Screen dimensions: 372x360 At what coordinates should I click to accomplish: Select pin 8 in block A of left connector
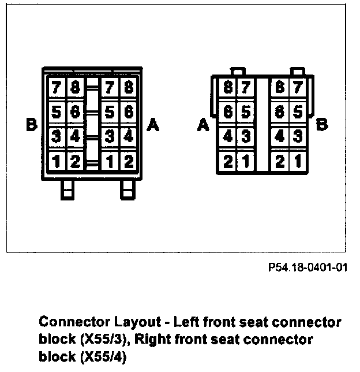click(x=128, y=88)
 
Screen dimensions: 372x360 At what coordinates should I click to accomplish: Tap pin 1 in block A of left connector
click(x=110, y=161)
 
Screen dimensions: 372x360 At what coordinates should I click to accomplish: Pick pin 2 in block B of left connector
click(x=75, y=161)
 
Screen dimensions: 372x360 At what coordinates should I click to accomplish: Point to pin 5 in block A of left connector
click(x=110, y=111)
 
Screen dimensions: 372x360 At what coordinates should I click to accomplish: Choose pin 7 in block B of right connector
click(x=298, y=88)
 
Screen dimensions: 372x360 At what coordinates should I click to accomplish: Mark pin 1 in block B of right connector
click(x=298, y=161)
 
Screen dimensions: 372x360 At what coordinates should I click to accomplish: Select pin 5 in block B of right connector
click(x=298, y=111)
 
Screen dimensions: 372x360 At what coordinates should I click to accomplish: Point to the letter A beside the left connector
click(x=153, y=125)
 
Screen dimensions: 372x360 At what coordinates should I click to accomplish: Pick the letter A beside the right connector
click(x=202, y=125)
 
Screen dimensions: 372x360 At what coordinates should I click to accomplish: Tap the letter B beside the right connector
click(x=323, y=125)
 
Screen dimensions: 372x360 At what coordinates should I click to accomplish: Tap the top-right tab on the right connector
click(x=298, y=72)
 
